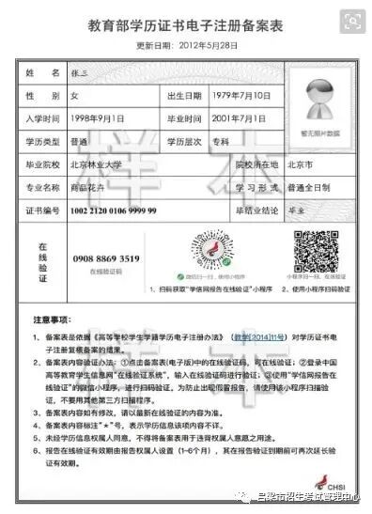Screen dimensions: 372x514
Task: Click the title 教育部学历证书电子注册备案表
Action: coord(185,25)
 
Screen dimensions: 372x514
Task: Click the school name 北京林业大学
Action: coord(116,166)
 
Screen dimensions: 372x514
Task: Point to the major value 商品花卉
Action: coord(106,188)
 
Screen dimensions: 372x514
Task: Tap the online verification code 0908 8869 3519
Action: coord(106,257)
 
